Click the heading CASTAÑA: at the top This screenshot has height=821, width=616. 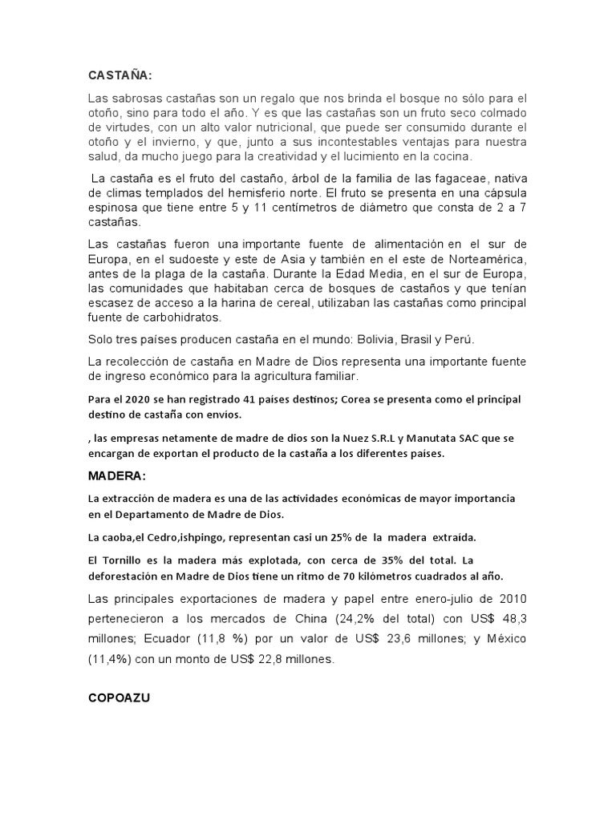click(x=120, y=75)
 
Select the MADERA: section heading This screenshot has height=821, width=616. click(x=117, y=477)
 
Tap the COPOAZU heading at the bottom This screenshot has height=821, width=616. click(x=119, y=698)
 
